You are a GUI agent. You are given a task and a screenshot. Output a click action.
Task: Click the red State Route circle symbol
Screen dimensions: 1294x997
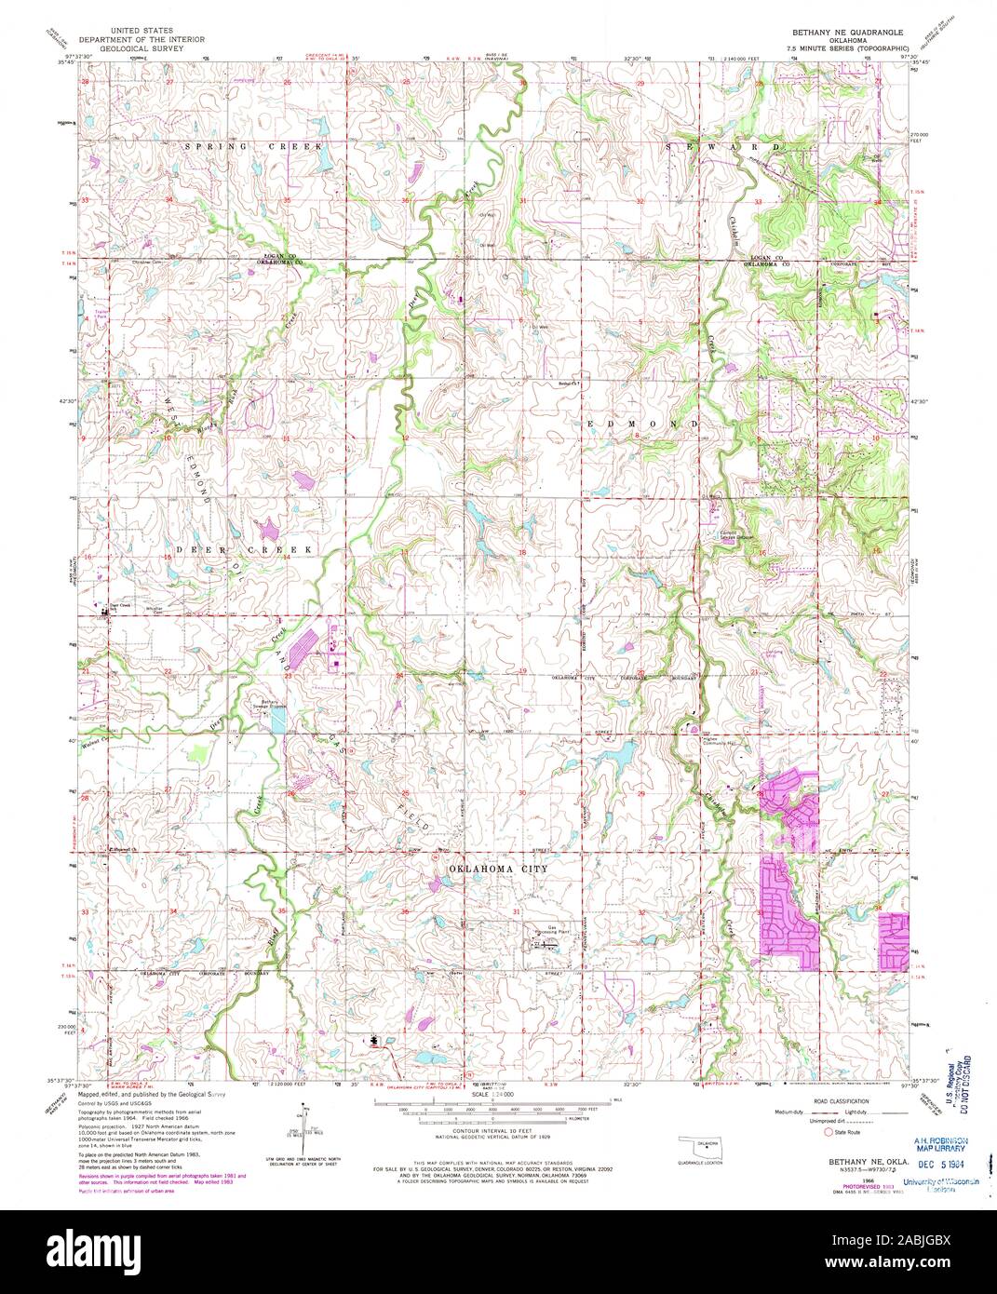(828, 1133)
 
